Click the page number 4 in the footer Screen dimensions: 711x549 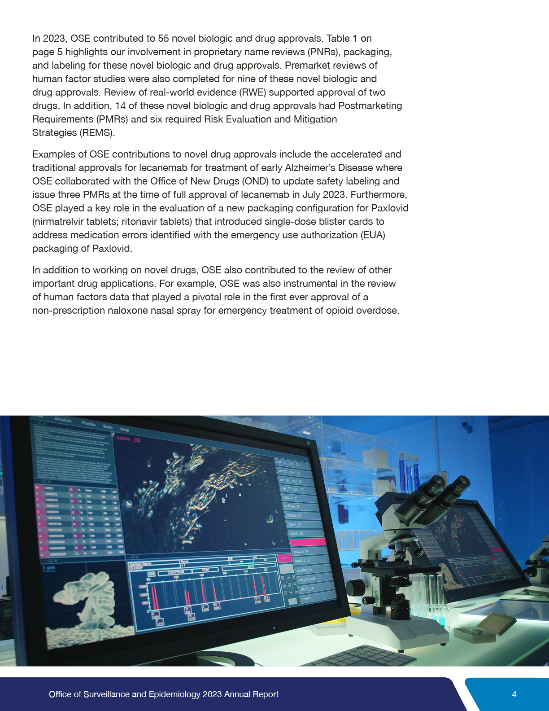tap(514, 694)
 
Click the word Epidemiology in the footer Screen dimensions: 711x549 tap(174, 694)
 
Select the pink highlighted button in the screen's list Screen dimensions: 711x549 tap(307, 542)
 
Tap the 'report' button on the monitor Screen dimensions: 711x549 tap(307, 598)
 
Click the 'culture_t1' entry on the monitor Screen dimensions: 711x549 tap(291, 498)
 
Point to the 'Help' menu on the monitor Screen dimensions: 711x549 tap(125, 430)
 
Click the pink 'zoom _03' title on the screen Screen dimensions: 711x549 tap(129, 439)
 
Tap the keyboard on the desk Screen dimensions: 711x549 tap(359, 656)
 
